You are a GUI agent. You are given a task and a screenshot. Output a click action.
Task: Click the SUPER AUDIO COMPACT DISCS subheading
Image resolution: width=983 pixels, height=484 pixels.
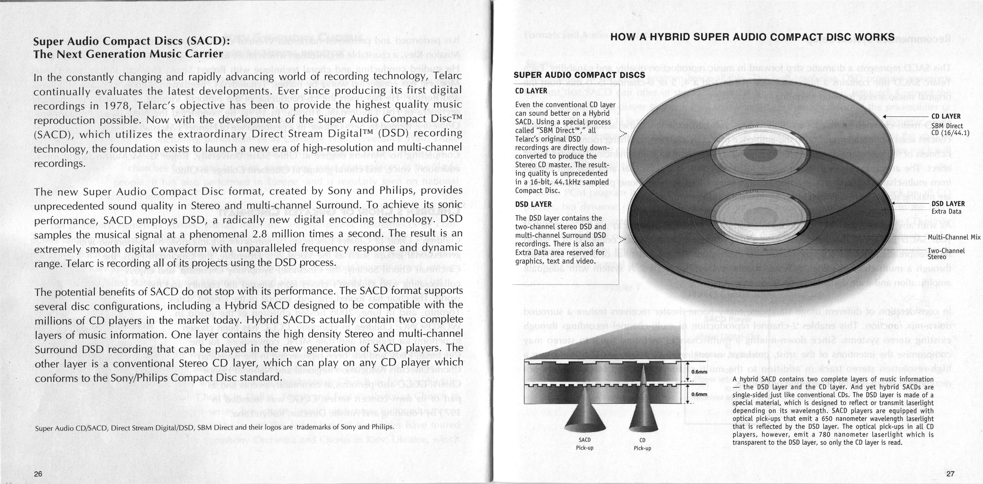pos(579,75)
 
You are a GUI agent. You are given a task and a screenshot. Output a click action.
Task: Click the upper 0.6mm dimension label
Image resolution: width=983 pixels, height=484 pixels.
pos(699,372)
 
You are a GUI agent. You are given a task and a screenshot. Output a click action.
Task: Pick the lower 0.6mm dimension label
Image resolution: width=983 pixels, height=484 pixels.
pos(699,394)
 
